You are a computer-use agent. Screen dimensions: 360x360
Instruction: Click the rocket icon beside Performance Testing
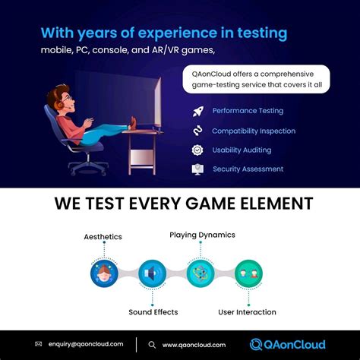(x=198, y=112)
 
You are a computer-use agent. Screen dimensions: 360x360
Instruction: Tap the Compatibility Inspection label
(x=254, y=131)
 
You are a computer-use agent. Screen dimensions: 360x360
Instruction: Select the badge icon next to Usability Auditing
(x=197, y=150)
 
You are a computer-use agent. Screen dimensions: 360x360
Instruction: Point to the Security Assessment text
(x=248, y=169)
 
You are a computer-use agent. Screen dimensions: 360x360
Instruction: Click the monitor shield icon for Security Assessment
(x=197, y=169)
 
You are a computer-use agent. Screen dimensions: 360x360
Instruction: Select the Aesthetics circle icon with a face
(x=104, y=273)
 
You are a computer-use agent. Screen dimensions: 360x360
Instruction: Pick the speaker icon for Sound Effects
(x=152, y=273)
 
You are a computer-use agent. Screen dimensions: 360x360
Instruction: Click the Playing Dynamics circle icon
(x=201, y=273)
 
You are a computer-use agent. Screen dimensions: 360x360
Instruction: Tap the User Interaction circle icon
(x=248, y=273)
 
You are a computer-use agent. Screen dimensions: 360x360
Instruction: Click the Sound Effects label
(x=153, y=312)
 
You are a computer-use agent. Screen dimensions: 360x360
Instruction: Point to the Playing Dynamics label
(x=202, y=235)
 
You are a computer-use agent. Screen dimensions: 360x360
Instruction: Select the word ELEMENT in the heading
(x=276, y=204)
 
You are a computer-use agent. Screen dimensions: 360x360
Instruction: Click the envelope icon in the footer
(x=39, y=344)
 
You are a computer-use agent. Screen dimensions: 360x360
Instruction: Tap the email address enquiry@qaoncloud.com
(x=86, y=344)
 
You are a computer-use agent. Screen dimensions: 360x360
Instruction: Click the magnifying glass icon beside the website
(x=152, y=345)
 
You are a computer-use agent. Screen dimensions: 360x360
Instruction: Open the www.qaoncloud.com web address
(x=194, y=345)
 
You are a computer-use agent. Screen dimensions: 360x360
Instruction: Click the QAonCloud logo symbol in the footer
(x=256, y=345)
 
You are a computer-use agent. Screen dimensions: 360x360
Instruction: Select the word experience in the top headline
(x=178, y=33)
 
